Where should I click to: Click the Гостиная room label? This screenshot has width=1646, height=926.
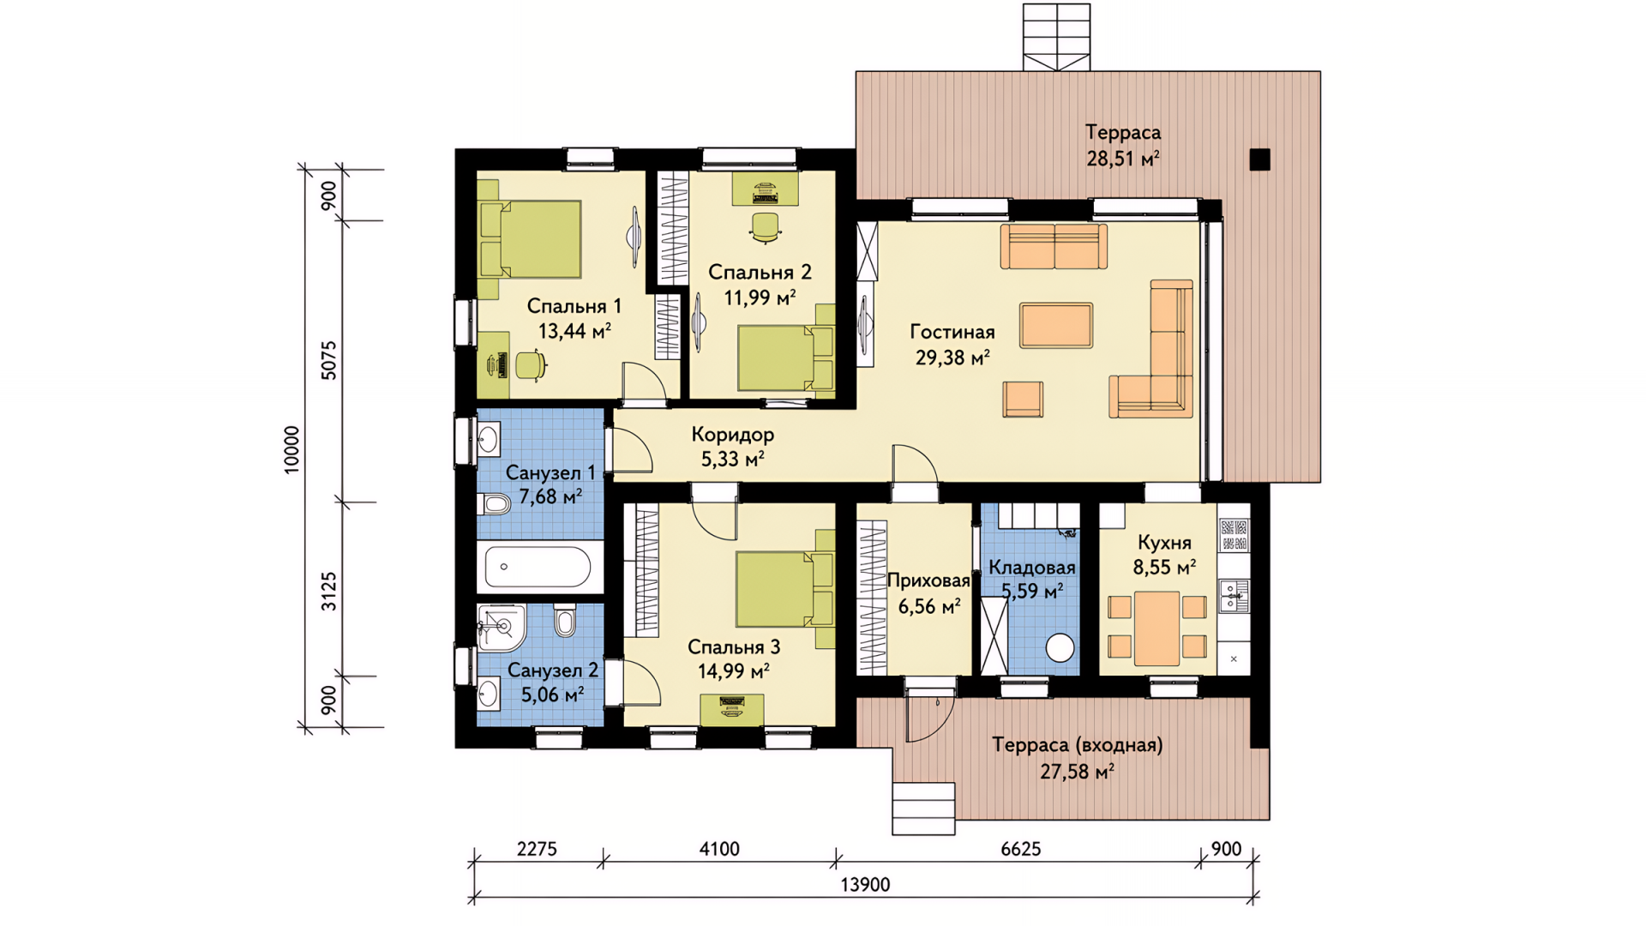(x=952, y=332)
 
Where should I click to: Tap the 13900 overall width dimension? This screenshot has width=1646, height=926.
(x=865, y=885)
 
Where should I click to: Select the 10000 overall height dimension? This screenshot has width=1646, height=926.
(x=292, y=449)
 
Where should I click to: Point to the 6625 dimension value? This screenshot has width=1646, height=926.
(x=1021, y=849)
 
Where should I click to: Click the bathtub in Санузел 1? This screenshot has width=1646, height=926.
(x=538, y=567)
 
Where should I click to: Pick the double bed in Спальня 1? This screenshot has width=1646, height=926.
(x=531, y=239)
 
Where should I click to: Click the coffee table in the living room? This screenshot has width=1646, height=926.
(x=1056, y=325)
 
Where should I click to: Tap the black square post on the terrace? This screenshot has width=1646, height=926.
(x=1259, y=159)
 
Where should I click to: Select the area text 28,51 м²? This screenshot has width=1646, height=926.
(x=1123, y=159)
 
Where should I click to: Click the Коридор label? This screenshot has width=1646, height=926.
(x=733, y=435)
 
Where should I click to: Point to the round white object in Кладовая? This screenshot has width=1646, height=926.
(x=1060, y=647)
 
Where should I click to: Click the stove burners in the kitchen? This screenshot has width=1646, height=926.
(x=1234, y=535)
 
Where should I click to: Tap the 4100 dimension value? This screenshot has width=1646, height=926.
(x=719, y=849)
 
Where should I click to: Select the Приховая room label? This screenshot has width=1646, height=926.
(x=928, y=580)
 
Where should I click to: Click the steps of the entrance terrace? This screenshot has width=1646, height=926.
(x=923, y=808)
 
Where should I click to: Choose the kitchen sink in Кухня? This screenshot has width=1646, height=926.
(x=1234, y=595)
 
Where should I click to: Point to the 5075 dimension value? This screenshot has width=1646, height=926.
(x=329, y=361)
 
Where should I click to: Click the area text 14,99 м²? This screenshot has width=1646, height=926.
(x=734, y=671)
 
